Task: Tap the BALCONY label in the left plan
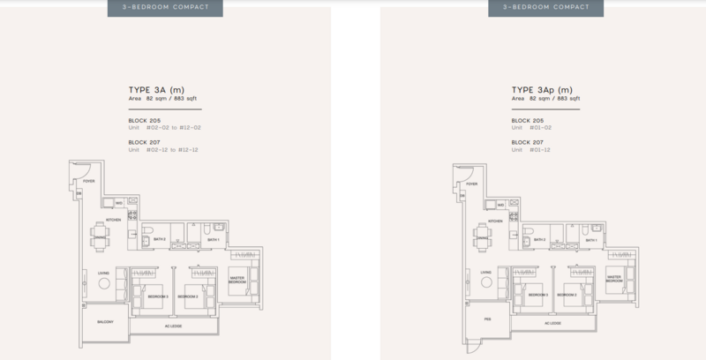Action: tap(94, 322)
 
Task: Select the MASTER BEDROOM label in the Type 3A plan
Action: tap(236, 280)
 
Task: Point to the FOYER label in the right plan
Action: tap(472, 184)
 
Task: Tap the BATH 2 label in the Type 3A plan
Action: tap(159, 239)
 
